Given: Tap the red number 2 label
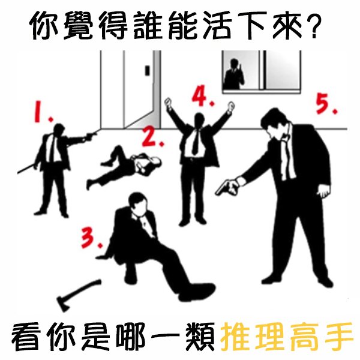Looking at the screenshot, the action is coord(152,136).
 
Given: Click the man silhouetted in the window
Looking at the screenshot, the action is coord(234,74).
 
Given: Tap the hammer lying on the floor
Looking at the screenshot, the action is coord(79,295).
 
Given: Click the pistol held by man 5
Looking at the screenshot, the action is coord(226,188).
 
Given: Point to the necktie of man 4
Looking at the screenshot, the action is coord(196,141).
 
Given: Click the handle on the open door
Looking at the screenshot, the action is coord(147,70).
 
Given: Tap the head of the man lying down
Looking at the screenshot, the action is coord(156,162).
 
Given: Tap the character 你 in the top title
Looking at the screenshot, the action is coord(44,25).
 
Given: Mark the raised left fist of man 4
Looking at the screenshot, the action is coord(169,102).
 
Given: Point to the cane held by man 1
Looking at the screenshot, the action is coord(27,169).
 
